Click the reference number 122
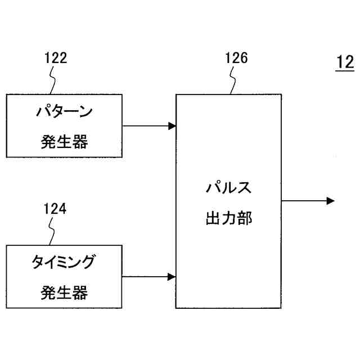56,58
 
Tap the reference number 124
55,209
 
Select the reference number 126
236,58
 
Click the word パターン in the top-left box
64,111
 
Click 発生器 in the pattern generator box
64,142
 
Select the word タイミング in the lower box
64,262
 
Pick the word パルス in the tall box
228,187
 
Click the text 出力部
228,218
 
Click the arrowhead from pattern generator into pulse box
172,126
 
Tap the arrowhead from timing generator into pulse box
172,277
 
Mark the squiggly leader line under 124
53,231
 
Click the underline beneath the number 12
344,70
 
